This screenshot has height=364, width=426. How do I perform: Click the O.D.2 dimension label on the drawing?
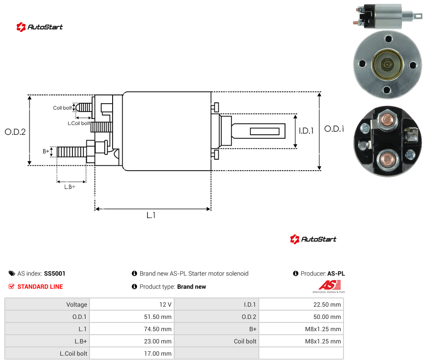coord(15,132)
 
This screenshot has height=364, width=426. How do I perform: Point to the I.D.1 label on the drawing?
coord(306,131)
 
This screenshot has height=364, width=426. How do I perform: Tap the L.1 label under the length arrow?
coord(151,215)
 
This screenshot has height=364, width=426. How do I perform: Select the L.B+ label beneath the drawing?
coord(70,187)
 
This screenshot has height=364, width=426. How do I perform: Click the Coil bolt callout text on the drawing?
coord(62,108)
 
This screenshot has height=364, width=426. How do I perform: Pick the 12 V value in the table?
coord(165,304)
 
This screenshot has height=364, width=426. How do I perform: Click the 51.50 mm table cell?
coord(158,317)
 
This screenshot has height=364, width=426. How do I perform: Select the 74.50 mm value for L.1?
coord(158,329)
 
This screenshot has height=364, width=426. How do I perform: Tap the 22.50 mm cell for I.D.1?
coord(327,304)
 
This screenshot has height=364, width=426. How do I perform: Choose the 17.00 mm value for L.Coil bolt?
coord(158,353)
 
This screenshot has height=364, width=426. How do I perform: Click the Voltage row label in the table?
coord(77,304)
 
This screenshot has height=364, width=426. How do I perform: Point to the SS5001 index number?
coord(55,273)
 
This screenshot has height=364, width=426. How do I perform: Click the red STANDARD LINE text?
coord(40,287)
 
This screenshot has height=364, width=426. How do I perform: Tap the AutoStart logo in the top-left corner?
coord(40,27)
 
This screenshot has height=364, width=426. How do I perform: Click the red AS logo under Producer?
coord(330,285)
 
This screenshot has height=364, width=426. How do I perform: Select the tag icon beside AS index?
coord(12,273)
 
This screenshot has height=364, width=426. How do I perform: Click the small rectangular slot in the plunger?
coord(265,132)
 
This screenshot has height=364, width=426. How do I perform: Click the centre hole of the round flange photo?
coord(387,65)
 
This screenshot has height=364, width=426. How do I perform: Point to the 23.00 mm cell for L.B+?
coord(158,341)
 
